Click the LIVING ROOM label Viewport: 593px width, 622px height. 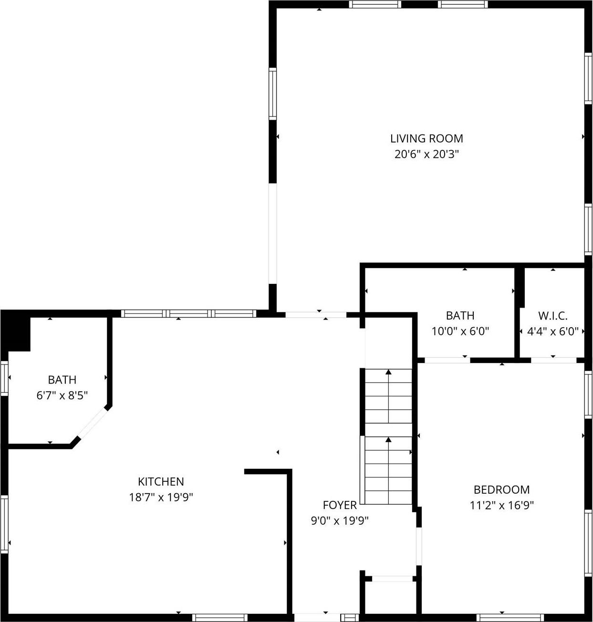(x=427, y=139)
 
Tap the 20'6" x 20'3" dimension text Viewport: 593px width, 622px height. (x=427, y=154)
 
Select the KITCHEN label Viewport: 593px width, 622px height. (x=161, y=482)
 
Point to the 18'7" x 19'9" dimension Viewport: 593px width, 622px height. (x=161, y=498)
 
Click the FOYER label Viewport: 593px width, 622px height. (x=340, y=505)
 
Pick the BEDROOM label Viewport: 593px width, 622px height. (x=501, y=489)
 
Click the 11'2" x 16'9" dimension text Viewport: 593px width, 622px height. (x=501, y=505)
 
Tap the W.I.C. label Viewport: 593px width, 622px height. (x=553, y=316)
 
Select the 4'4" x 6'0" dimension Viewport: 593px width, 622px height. (x=553, y=331)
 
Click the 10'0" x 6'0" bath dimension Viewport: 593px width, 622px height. (x=460, y=331)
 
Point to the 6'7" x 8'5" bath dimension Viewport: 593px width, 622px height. (x=62, y=395)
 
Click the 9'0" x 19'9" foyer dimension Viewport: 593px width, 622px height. (x=340, y=520)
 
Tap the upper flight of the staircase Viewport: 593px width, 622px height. (x=388, y=396)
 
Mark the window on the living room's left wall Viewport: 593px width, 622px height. (x=273, y=93)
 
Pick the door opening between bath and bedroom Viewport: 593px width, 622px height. (x=447, y=360)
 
